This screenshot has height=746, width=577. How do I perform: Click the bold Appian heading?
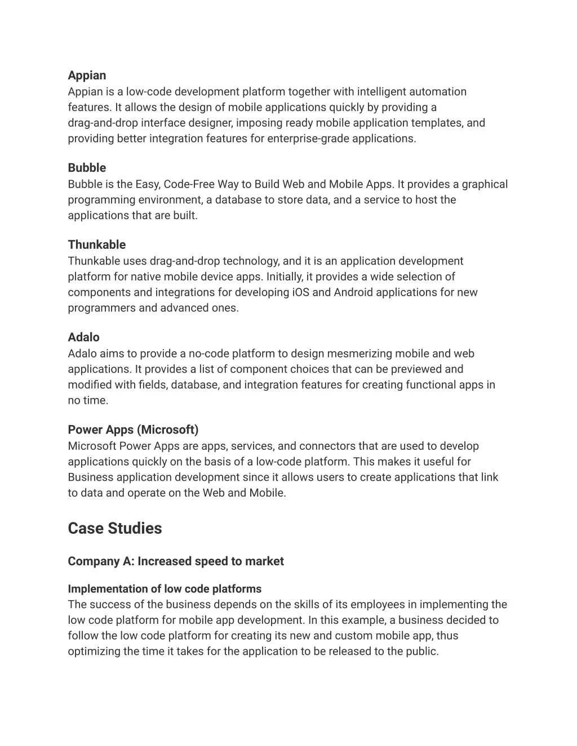(x=87, y=75)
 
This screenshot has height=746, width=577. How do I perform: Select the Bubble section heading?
(x=87, y=168)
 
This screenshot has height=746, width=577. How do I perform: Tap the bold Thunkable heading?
(x=97, y=245)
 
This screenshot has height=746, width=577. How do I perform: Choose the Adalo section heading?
(x=83, y=337)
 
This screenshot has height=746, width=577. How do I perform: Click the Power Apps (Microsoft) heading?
(x=133, y=430)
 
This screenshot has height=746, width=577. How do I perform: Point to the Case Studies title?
(x=115, y=529)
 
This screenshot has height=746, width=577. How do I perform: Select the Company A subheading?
(x=176, y=561)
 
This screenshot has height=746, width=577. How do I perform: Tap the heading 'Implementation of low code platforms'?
(x=165, y=589)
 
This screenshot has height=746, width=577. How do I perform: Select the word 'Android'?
(x=354, y=292)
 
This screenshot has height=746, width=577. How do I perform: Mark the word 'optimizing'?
(x=94, y=651)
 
